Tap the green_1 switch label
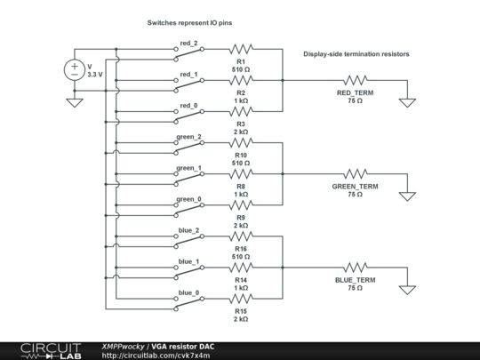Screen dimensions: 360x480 coord(188,167)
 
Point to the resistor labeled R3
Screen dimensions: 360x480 coord(240,112)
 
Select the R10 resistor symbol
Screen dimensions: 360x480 coord(240,142)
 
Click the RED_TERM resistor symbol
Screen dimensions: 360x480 coord(356,80)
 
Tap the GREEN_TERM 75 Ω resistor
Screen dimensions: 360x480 coord(356,173)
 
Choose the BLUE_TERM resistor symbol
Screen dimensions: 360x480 coord(356,267)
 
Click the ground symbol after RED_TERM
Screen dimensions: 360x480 coord(407,100)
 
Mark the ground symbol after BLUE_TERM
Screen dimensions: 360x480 coord(407,287)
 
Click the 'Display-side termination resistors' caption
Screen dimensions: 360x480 coord(356,54)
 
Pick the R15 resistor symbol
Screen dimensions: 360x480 coord(240,300)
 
